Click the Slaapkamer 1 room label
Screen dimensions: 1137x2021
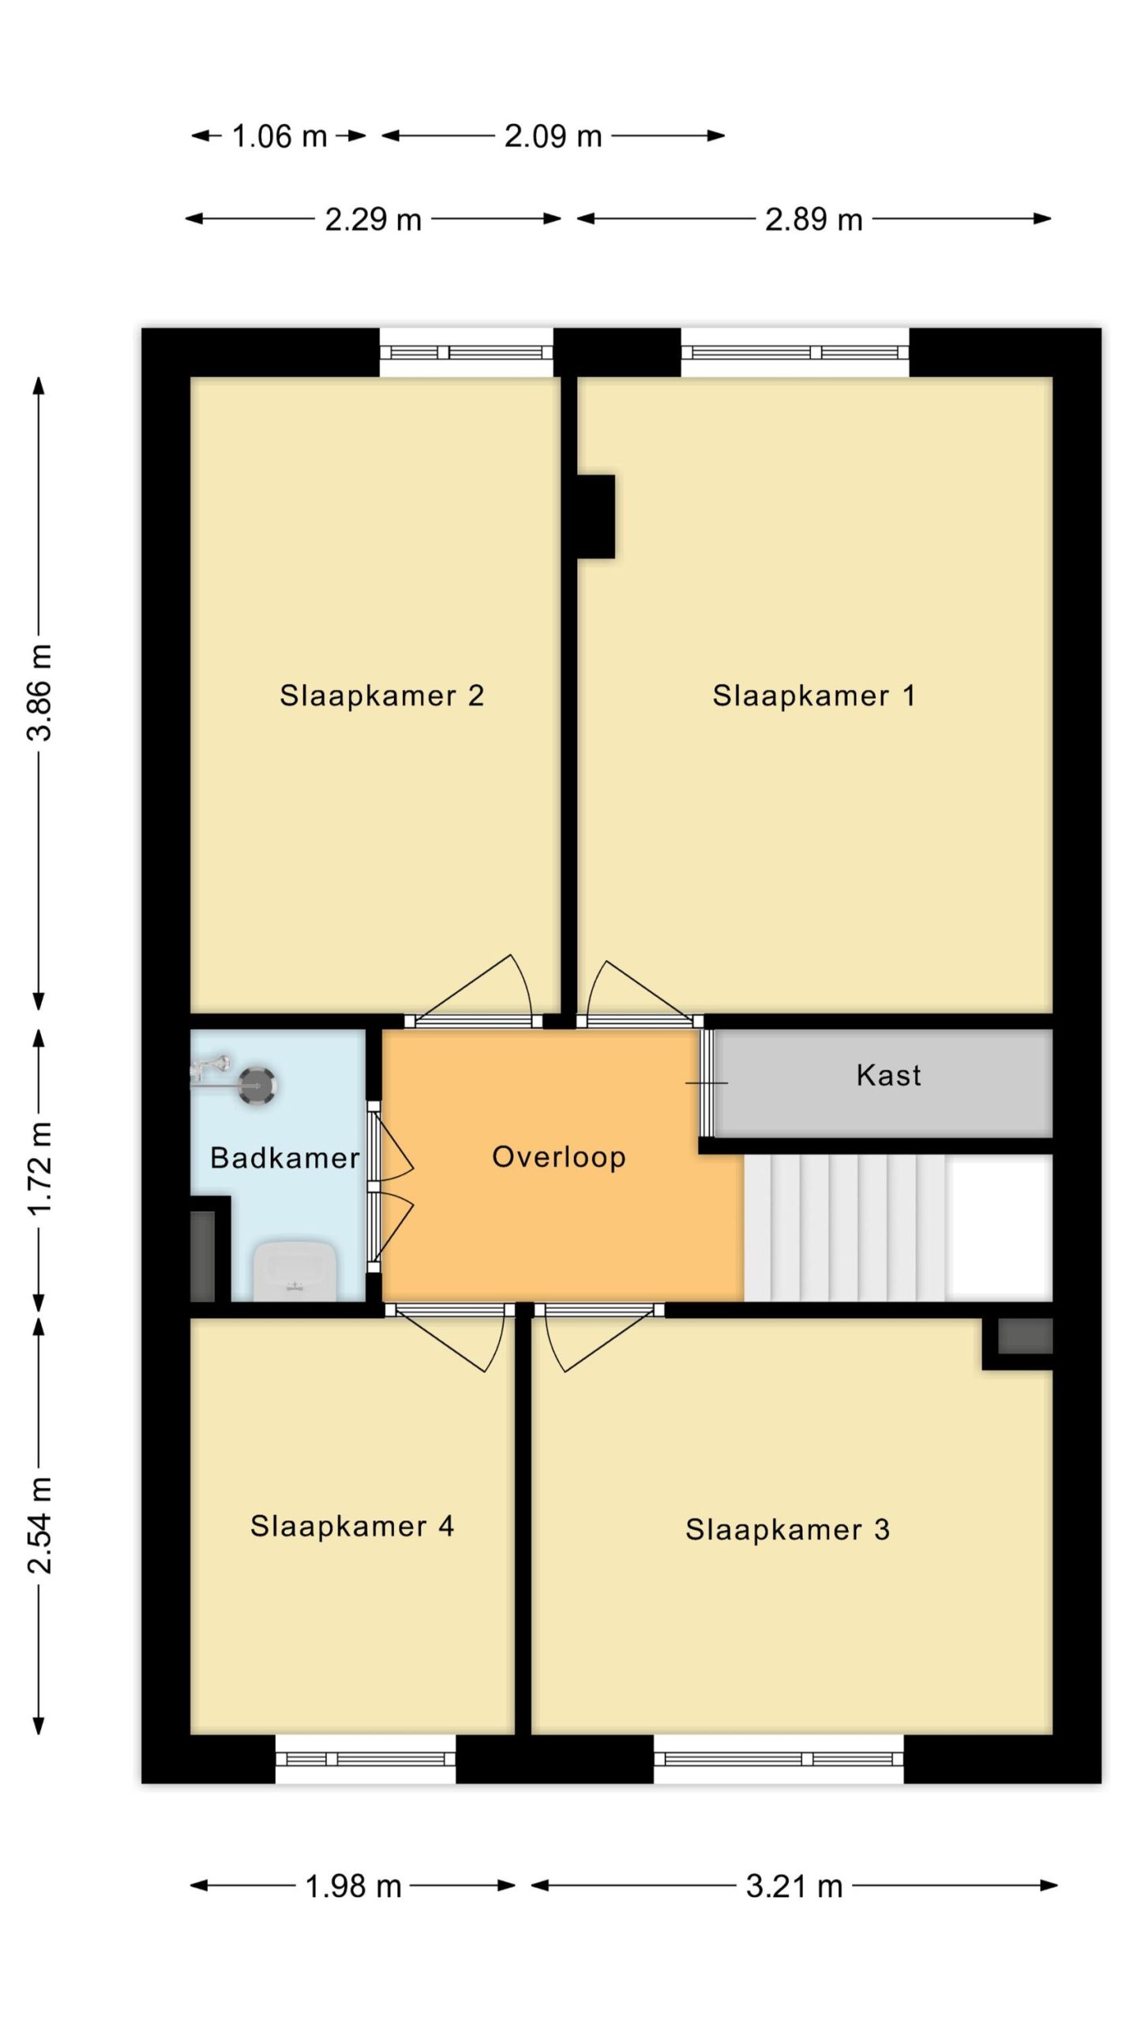click(x=814, y=696)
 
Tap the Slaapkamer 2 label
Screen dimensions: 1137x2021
click(x=382, y=696)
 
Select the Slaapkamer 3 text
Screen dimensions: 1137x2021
click(x=788, y=1529)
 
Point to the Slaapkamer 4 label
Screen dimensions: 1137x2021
click(x=352, y=1526)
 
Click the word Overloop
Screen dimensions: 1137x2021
click(x=559, y=1157)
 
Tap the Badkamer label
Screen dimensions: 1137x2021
click(x=285, y=1158)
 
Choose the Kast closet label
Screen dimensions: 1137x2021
click(x=889, y=1075)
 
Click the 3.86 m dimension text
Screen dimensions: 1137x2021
click(x=39, y=692)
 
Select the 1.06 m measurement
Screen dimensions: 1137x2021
click(x=280, y=137)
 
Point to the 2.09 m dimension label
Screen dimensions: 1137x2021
click(x=553, y=137)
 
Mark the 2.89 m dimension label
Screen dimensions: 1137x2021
click(x=814, y=219)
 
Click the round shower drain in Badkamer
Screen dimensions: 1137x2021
click(x=257, y=1086)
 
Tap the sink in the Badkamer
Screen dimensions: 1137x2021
click(x=295, y=1271)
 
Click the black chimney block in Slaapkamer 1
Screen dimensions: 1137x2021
click(x=595, y=516)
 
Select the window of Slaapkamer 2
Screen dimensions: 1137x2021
click(x=467, y=352)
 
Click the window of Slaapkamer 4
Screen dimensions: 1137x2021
click(x=366, y=1758)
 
